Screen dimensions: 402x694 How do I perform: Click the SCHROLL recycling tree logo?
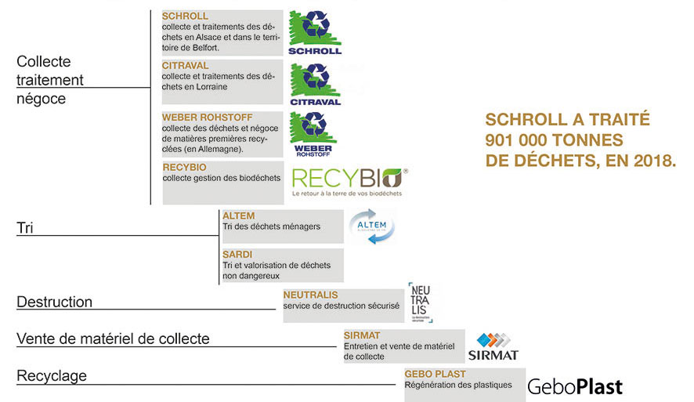pos(314,33)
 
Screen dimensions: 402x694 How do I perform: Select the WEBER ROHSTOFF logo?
pos(313,134)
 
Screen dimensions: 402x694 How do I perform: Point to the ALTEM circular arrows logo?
pos(371,226)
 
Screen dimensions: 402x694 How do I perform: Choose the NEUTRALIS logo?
pos(420,302)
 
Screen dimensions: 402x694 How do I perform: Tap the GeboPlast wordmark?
pos(575,386)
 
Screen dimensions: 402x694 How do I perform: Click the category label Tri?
pos(25,228)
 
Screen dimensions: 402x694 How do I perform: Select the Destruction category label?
pos(54,302)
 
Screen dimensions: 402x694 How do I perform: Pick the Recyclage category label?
pos(52,376)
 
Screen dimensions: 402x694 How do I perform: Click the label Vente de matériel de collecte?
pos(113,339)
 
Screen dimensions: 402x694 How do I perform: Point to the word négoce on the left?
pos(41,99)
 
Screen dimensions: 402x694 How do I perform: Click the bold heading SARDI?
pos(237,255)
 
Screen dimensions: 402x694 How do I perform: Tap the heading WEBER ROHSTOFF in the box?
pos(207,118)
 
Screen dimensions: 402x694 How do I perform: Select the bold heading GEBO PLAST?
pos(435,374)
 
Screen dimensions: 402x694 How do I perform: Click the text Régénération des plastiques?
pos(458,385)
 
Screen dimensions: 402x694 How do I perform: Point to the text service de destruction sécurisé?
pos(342,306)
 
